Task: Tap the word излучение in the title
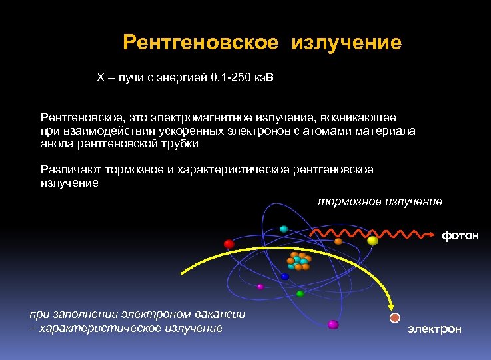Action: [x=346, y=43]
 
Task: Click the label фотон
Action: [x=460, y=236]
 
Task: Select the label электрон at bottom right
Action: [x=434, y=329]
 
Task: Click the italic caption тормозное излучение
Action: [x=379, y=201]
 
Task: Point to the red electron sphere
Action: [x=229, y=244]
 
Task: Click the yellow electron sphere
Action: [x=372, y=241]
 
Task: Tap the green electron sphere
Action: [x=300, y=293]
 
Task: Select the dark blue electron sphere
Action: [x=285, y=276]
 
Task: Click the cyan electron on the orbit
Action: [x=284, y=229]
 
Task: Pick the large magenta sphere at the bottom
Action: [x=333, y=325]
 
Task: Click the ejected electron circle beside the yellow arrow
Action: [x=395, y=318]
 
